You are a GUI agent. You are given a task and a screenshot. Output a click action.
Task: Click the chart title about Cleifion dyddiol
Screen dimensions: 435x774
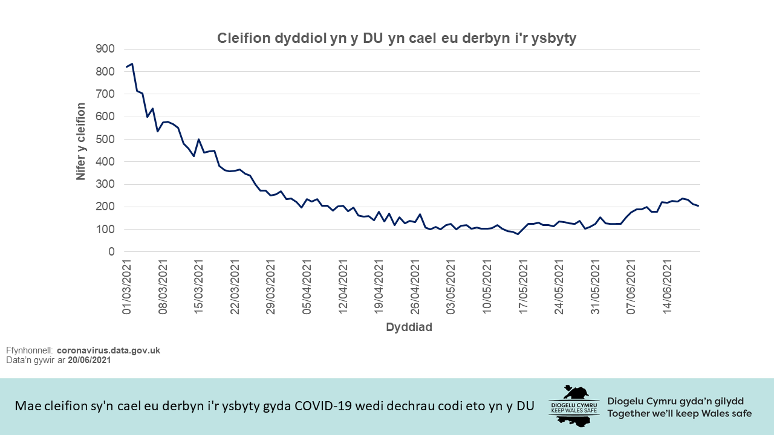(397, 39)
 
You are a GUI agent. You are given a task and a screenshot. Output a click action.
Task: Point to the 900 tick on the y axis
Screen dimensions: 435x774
(105, 50)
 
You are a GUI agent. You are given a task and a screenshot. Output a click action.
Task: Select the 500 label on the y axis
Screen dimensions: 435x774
(105, 140)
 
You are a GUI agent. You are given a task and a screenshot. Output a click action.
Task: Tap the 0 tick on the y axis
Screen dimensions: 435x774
(111, 252)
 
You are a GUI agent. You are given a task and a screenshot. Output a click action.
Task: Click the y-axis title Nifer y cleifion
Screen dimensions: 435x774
(80, 141)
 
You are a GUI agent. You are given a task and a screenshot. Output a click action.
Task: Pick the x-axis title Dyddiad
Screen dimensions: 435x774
(409, 327)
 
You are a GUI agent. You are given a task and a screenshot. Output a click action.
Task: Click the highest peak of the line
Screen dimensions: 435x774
(132, 63)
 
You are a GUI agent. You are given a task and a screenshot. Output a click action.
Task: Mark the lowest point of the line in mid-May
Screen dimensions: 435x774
(518, 234)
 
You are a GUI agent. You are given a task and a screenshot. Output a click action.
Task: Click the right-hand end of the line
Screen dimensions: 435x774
(698, 206)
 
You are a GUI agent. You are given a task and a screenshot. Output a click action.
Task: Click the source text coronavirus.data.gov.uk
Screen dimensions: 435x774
(108, 350)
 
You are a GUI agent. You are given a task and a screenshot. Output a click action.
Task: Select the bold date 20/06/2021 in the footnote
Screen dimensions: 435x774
(89, 360)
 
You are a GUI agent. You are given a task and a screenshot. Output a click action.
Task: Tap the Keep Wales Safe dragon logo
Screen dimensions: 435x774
(574, 405)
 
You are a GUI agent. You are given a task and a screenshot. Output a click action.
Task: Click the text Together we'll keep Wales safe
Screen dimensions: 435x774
(680, 414)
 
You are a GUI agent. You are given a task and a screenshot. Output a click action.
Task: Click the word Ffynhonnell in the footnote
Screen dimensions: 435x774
(29, 350)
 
